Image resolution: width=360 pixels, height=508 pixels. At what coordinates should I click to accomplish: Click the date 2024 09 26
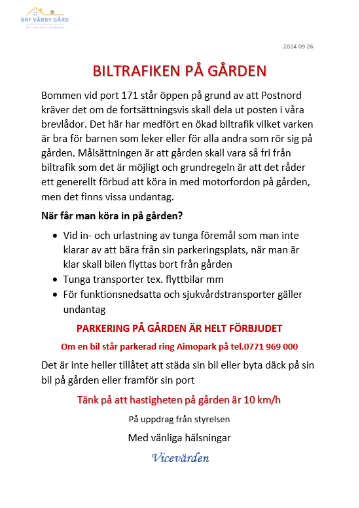click(x=298, y=46)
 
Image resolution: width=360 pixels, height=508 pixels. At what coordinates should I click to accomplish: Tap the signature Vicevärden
click(x=179, y=457)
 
